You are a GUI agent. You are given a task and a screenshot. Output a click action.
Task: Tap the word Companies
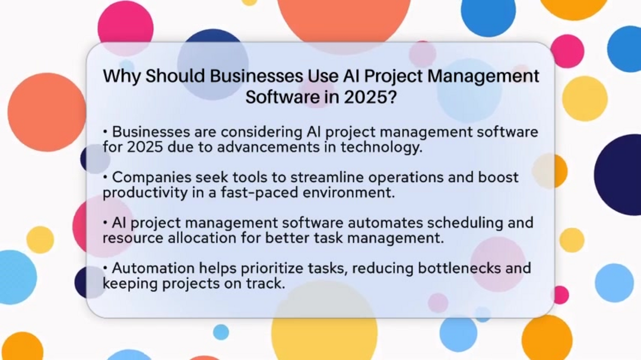[x=151, y=177]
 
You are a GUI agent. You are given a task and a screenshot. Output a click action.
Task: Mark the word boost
[x=499, y=177]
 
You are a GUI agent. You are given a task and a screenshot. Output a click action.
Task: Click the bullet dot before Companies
[x=106, y=177]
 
